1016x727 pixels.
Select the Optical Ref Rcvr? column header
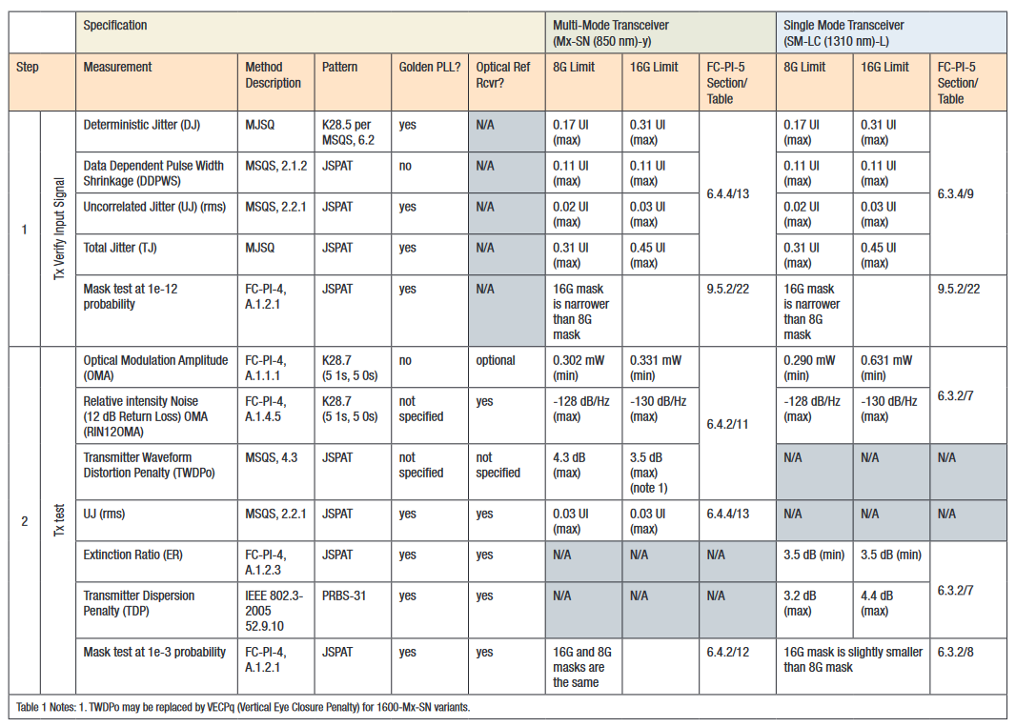click(503, 75)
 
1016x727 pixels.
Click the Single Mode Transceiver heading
click(843, 32)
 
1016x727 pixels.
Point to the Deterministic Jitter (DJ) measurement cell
click(141, 125)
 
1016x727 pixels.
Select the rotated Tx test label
click(59, 520)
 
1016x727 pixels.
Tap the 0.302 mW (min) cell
click(578, 368)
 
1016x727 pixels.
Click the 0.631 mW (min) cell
click(885, 368)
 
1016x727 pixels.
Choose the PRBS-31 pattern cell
click(344, 596)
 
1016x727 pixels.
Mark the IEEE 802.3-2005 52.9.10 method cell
click(273, 611)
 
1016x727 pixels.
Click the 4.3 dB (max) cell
click(569, 465)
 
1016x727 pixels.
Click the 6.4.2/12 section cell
click(727, 653)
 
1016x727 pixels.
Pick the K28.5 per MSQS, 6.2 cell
click(350, 132)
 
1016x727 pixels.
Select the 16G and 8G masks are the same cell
click(579, 667)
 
